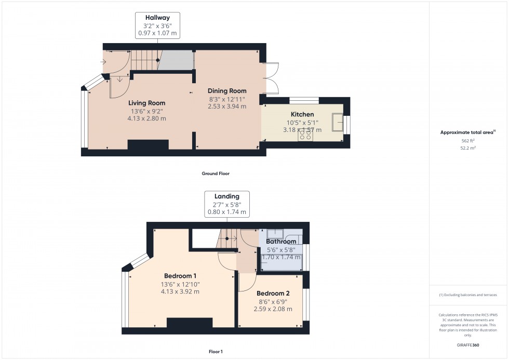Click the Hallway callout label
(157, 18)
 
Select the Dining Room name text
(227, 91)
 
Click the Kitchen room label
(302, 114)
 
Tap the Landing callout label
(227, 196)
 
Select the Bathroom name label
(281, 242)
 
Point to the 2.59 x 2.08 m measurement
(273, 309)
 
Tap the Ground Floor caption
(216, 174)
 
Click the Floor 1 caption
(215, 352)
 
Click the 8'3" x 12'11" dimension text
(227, 99)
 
